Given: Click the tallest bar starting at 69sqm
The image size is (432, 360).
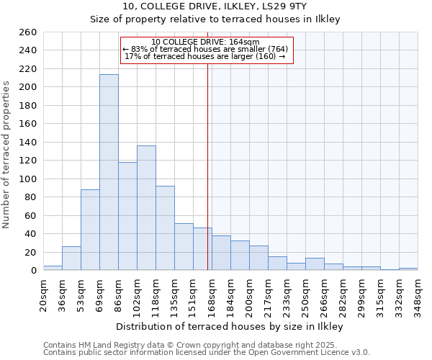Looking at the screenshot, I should point(109,172).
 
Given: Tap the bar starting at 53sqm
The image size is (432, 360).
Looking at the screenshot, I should point(90,230).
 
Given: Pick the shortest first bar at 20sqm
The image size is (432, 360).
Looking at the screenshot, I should point(53,268).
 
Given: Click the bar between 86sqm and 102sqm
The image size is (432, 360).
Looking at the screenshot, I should point(127,216).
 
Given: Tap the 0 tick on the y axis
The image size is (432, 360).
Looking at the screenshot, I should point(33,271).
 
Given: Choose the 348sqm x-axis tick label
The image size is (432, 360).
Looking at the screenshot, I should point(418,293).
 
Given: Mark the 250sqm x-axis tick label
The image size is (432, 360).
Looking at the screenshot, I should point(305,293).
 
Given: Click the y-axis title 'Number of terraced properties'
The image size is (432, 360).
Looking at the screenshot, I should point(7,154).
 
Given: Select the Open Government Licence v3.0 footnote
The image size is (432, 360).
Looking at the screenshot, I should point(206,352).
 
